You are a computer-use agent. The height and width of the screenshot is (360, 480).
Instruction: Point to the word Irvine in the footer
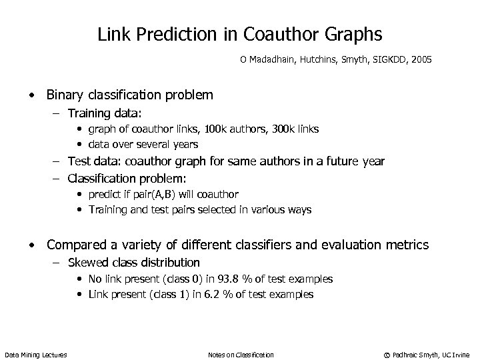click(461, 355)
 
